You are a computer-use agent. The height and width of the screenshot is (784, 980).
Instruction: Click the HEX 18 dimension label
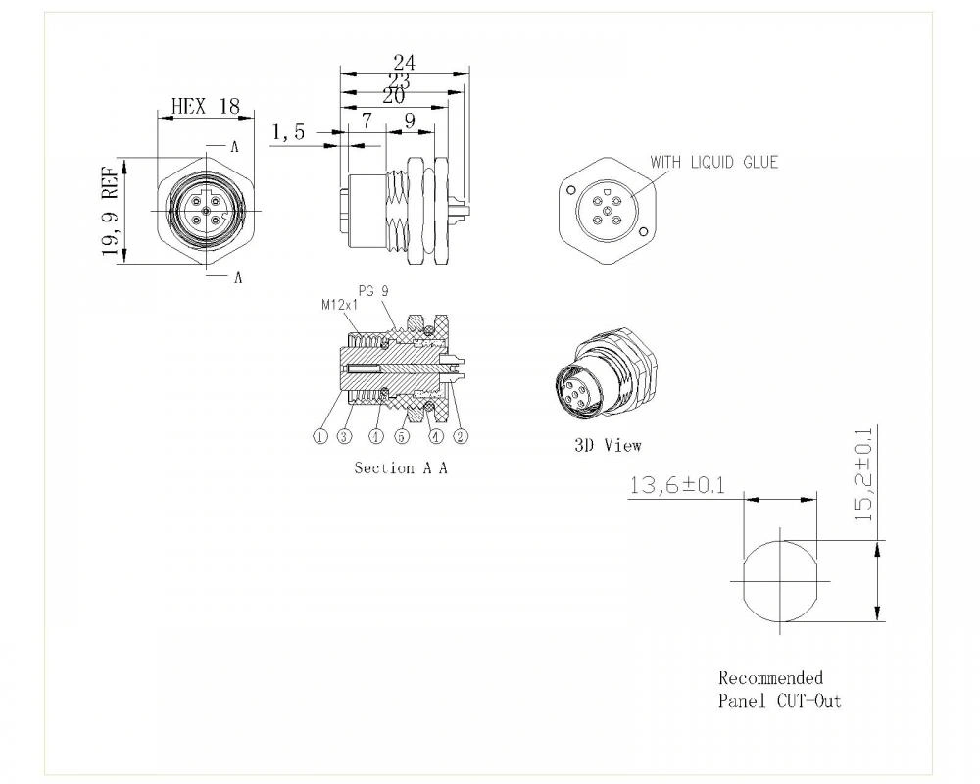coord(205,106)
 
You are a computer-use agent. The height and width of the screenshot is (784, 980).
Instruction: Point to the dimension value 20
coord(393,96)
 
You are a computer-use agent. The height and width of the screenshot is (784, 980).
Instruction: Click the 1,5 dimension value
coord(289,132)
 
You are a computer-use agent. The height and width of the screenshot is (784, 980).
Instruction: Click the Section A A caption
coord(401,468)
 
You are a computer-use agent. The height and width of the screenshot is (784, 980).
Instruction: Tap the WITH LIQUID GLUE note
coord(713,162)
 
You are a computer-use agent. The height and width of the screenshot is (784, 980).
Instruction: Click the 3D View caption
coord(608,445)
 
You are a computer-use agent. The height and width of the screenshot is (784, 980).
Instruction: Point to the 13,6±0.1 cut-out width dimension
coord(677,484)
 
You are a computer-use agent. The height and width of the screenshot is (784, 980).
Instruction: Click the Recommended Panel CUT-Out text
coord(779,689)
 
